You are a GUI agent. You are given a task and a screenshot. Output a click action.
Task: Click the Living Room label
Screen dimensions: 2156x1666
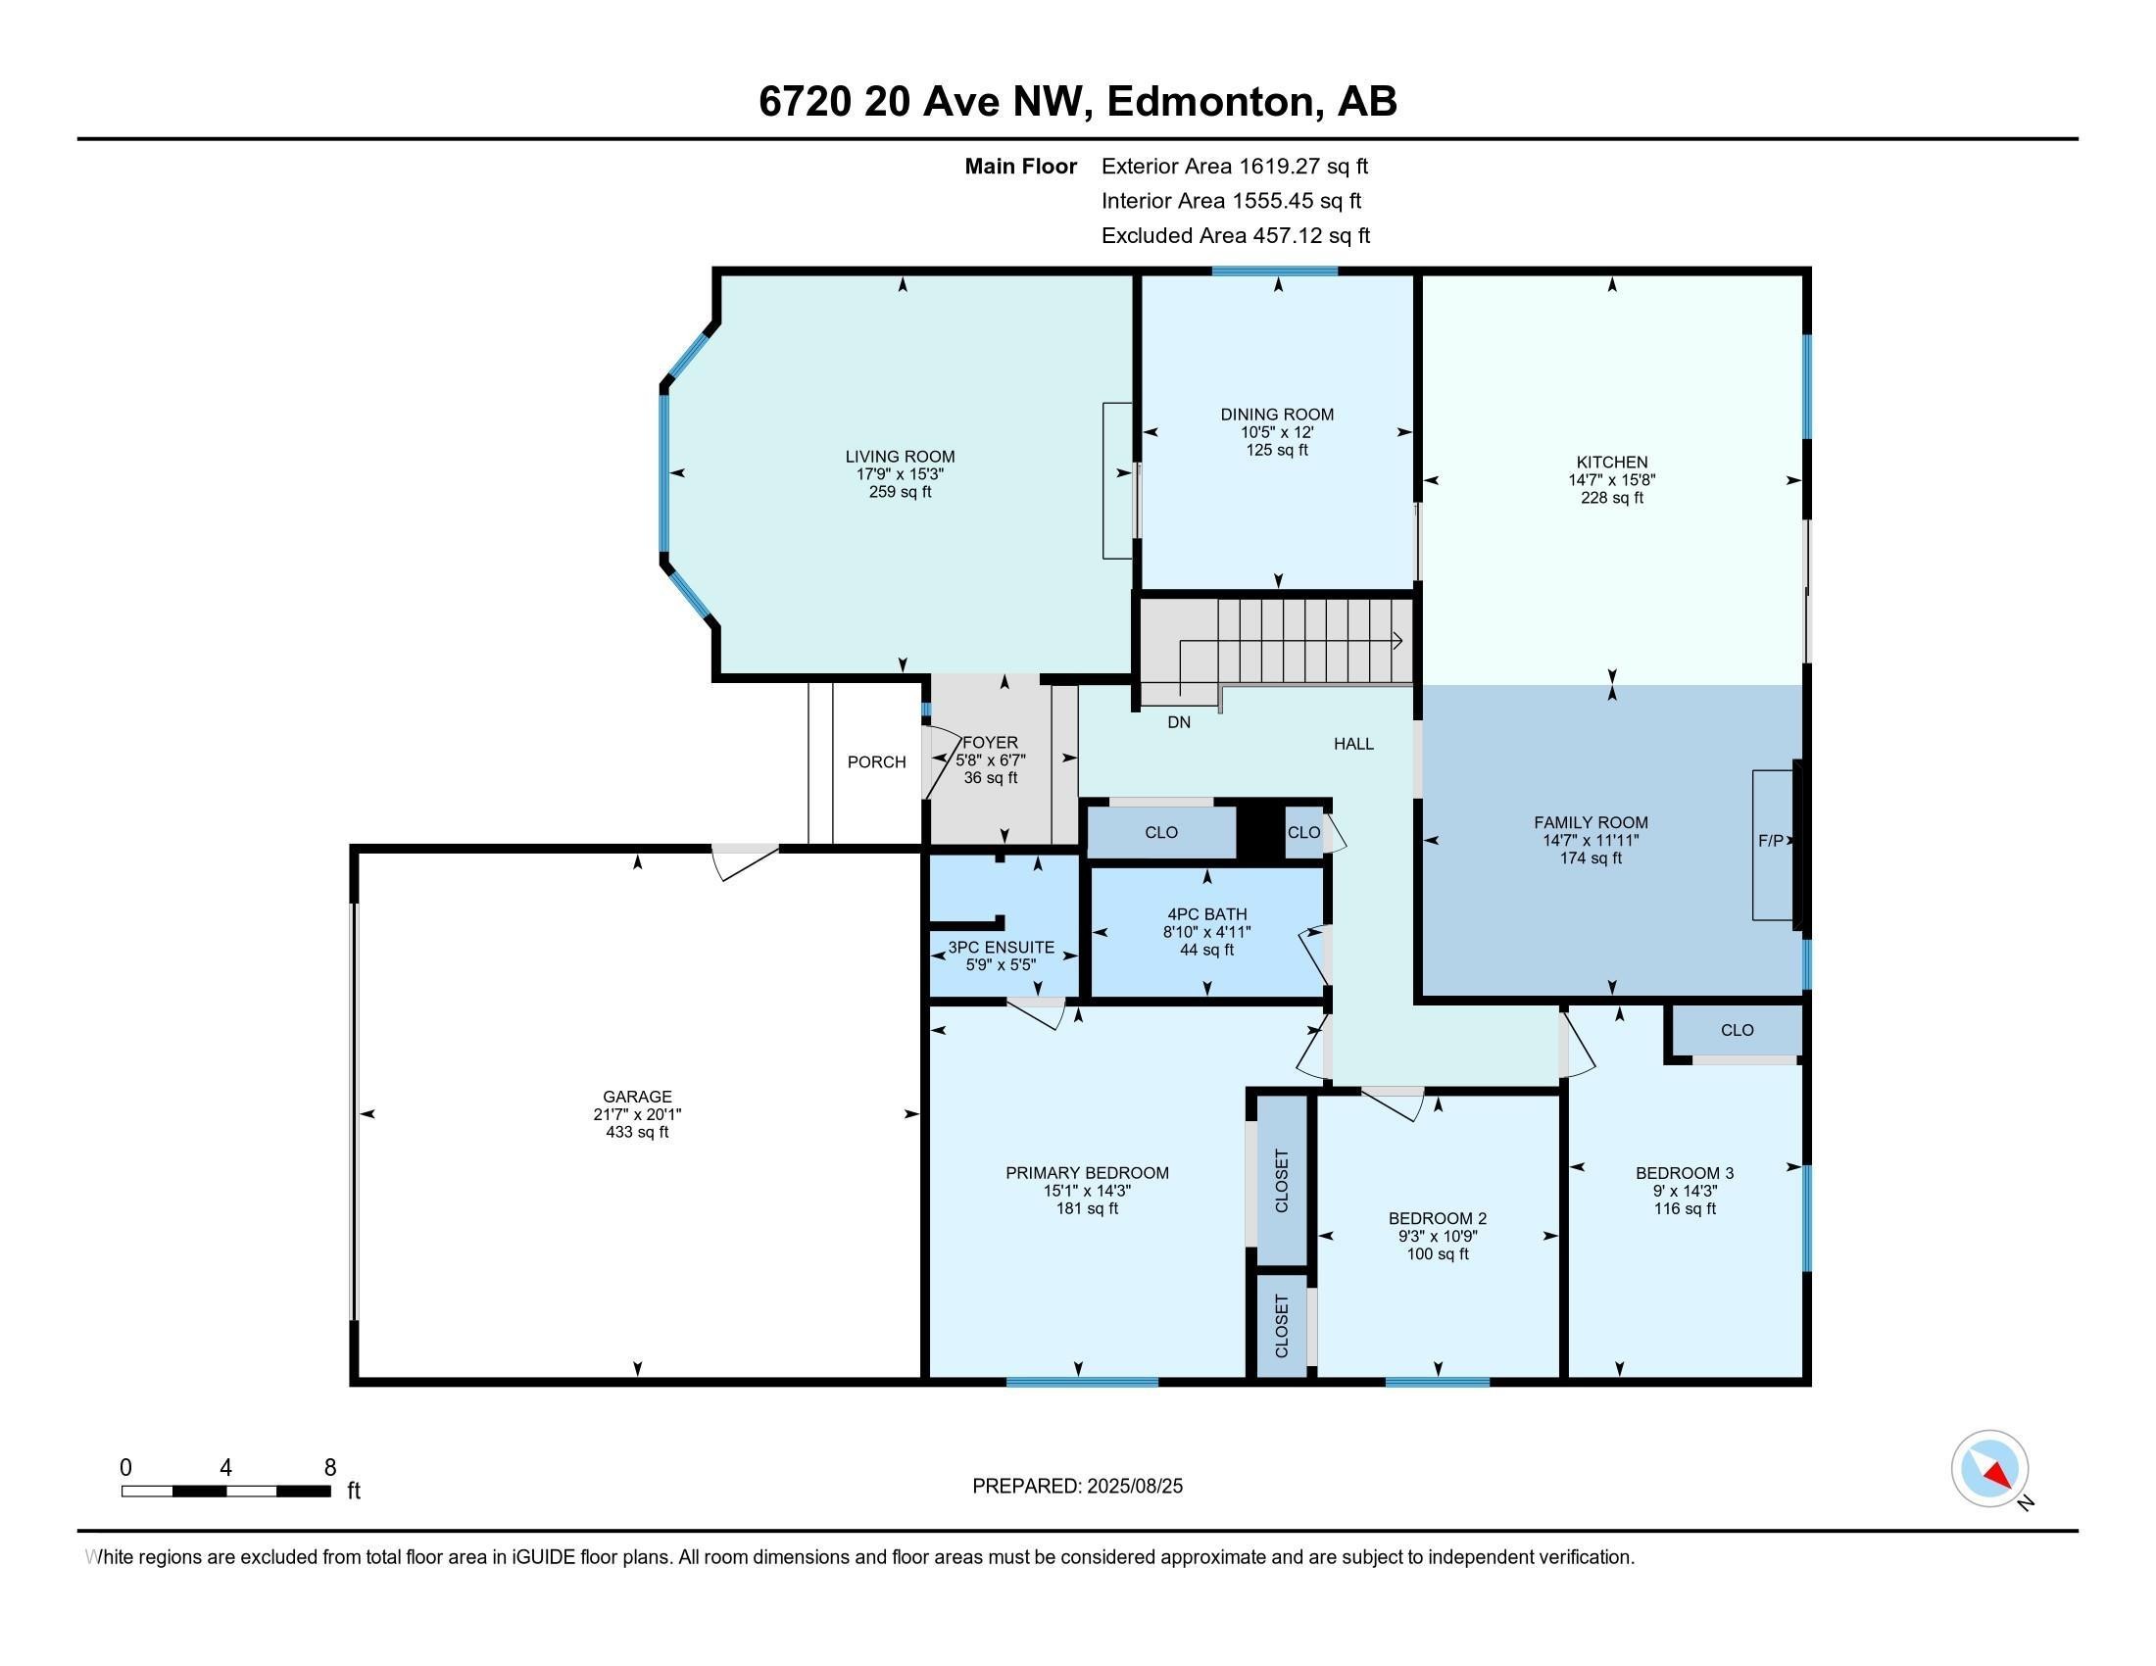(x=900, y=457)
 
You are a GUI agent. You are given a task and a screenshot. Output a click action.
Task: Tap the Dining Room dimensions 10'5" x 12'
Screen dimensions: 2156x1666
(x=1276, y=432)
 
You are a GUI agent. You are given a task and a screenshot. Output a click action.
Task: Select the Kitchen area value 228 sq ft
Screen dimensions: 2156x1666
(x=1612, y=498)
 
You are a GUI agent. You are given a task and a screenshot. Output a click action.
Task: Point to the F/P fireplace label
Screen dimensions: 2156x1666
(x=1771, y=841)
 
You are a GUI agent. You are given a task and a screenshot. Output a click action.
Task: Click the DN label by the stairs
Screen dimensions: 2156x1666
(x=1179, y=722)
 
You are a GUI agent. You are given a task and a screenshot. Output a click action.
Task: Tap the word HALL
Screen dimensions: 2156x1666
(x=1353, y=744)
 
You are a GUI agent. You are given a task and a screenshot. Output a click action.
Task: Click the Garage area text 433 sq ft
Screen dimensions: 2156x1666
(x=637, y=1132)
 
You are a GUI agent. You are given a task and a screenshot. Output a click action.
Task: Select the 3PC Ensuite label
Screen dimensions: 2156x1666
(x=1001, y=948)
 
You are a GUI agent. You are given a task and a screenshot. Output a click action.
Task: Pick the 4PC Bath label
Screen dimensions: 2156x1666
(x=1206, y=914)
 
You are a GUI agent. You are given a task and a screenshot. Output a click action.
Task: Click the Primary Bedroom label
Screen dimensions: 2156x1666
(x=1087, y=1172)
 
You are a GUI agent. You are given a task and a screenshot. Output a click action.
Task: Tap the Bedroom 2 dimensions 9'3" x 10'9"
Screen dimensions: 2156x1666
(x=1438, y=1236)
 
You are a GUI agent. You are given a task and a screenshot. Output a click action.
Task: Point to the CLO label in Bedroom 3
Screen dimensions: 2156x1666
(x=1738, y=1030)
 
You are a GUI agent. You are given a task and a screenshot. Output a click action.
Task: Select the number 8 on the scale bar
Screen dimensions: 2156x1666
(x=329, y=1468)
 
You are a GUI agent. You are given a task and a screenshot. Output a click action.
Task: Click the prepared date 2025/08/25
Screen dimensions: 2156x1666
(x=1132, y=1487)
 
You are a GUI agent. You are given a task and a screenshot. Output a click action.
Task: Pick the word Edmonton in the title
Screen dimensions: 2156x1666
(x=1215, y=102)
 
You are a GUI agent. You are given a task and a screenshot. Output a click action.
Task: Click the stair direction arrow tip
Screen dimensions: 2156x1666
(x=1402, y=641)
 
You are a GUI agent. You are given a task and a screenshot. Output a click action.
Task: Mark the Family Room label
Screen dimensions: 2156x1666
(x=1591, y=822)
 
